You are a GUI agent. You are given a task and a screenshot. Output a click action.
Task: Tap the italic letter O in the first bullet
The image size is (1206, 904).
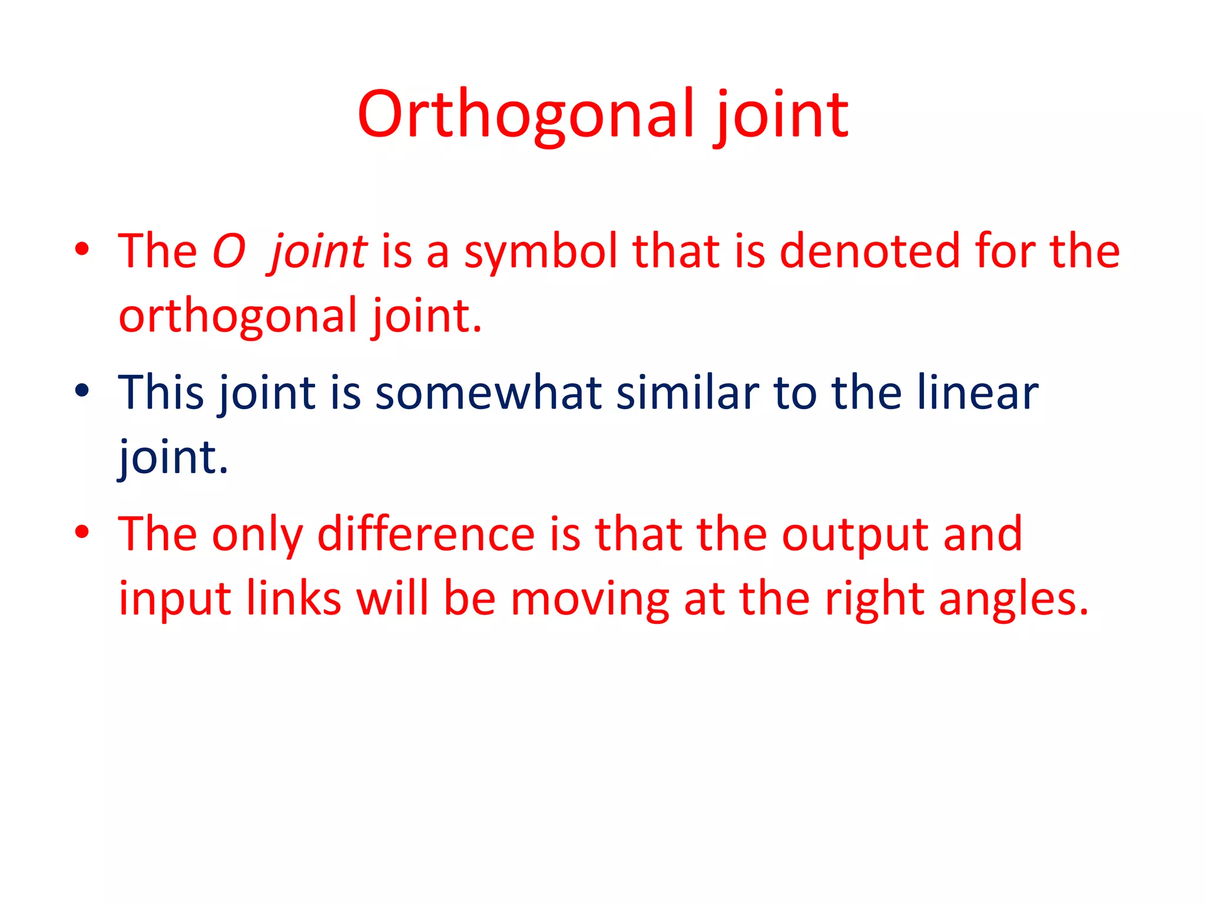(228, 252)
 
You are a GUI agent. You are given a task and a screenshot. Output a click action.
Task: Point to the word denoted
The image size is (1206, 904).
(869, 252)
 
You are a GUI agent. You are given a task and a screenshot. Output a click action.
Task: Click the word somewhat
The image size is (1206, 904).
(488, 393)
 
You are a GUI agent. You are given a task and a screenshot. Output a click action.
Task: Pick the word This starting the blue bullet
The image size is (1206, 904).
(161, 393)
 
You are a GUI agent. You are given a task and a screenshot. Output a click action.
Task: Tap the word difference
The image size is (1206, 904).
(426, 534)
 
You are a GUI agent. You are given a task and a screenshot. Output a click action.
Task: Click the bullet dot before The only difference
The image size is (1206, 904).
(82, 531)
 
